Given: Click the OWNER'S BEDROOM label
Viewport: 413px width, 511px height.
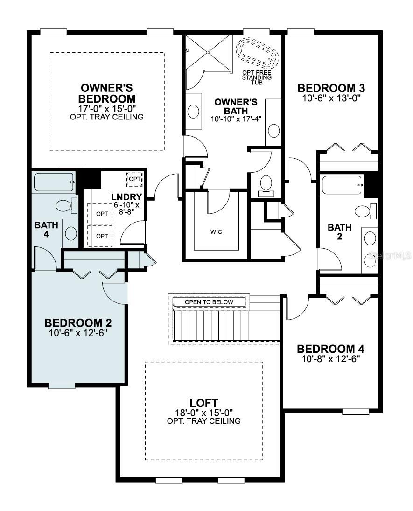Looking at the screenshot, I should point(107,93).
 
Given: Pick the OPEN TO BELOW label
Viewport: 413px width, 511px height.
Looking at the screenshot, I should point(209,302).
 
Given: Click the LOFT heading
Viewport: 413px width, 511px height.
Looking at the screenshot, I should point(203,403).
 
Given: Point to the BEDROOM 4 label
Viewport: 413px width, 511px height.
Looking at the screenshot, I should point(331,349).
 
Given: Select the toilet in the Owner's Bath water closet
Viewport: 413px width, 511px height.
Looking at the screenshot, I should point(266,184).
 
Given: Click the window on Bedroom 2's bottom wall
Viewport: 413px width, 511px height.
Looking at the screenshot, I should point(62,385).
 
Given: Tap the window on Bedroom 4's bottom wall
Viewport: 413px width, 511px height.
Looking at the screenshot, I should point(356,412).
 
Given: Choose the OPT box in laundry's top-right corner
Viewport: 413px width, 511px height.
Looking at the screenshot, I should point(135,179).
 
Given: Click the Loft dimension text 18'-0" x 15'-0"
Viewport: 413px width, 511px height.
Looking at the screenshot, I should point(203,412).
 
